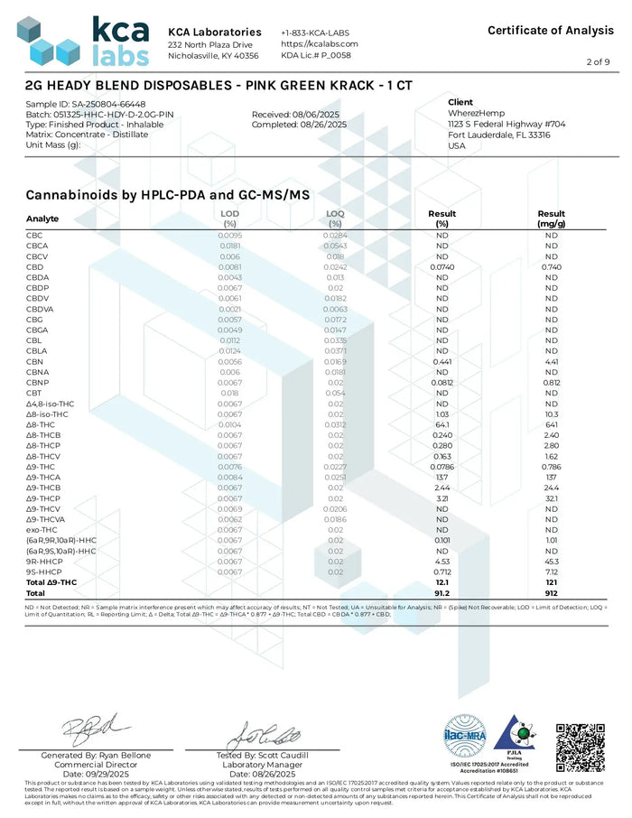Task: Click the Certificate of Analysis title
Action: click(x=550, y=31)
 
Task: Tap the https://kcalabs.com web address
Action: click(x=320, y=43)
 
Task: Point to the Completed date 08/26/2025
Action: click(x=298, y=125)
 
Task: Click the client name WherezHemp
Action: click(x=475, y=114)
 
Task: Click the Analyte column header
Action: click(x=42, y=218)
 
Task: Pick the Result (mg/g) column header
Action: click(x=551, y=218)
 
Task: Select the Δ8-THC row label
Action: click(x=42, y=424)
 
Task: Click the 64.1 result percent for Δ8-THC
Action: click(x=442, y=424)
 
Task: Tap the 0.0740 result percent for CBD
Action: click(x=442, y=267)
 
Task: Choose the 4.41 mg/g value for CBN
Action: click(x=551, y=361)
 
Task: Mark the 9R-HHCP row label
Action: click(x=45, y=561)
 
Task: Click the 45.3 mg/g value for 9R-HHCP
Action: click(x=551, y=561)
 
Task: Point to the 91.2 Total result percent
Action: click(x=442, y=592)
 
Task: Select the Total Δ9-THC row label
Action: click(x=53, y=582)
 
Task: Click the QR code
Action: click(x=579, y=747)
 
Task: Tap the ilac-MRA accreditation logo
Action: click(x=466, y=741)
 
